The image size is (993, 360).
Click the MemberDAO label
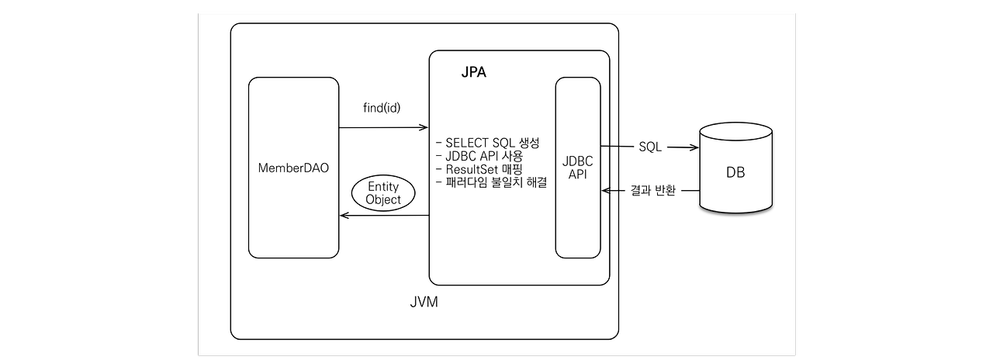pyautogui.click(x=292, y=168)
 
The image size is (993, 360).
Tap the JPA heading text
pyautogui.click(x=474, y=73)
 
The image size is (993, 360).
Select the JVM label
pyautogui.click(x=424, y=302)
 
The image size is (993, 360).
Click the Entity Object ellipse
pyautogui.click(x=384, y=192)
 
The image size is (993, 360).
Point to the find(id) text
pyautogui.click(x=382, y=107)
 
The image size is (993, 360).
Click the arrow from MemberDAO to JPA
pyautogui.click(x=384, y=126)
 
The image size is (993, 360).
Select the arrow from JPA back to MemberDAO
pyautogui.click(x=384, y=216)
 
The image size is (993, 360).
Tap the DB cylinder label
pyautogui.click(x=735, y=173)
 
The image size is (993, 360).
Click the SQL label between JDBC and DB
pyautogui.click(x=650, y=147)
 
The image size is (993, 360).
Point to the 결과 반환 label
pyautogui.click(x=653, y=191)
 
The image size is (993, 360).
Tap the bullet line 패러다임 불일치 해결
pyautogui.click(x=492, y=183)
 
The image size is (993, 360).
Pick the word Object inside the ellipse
pyautogui.click(x=384, y=199)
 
